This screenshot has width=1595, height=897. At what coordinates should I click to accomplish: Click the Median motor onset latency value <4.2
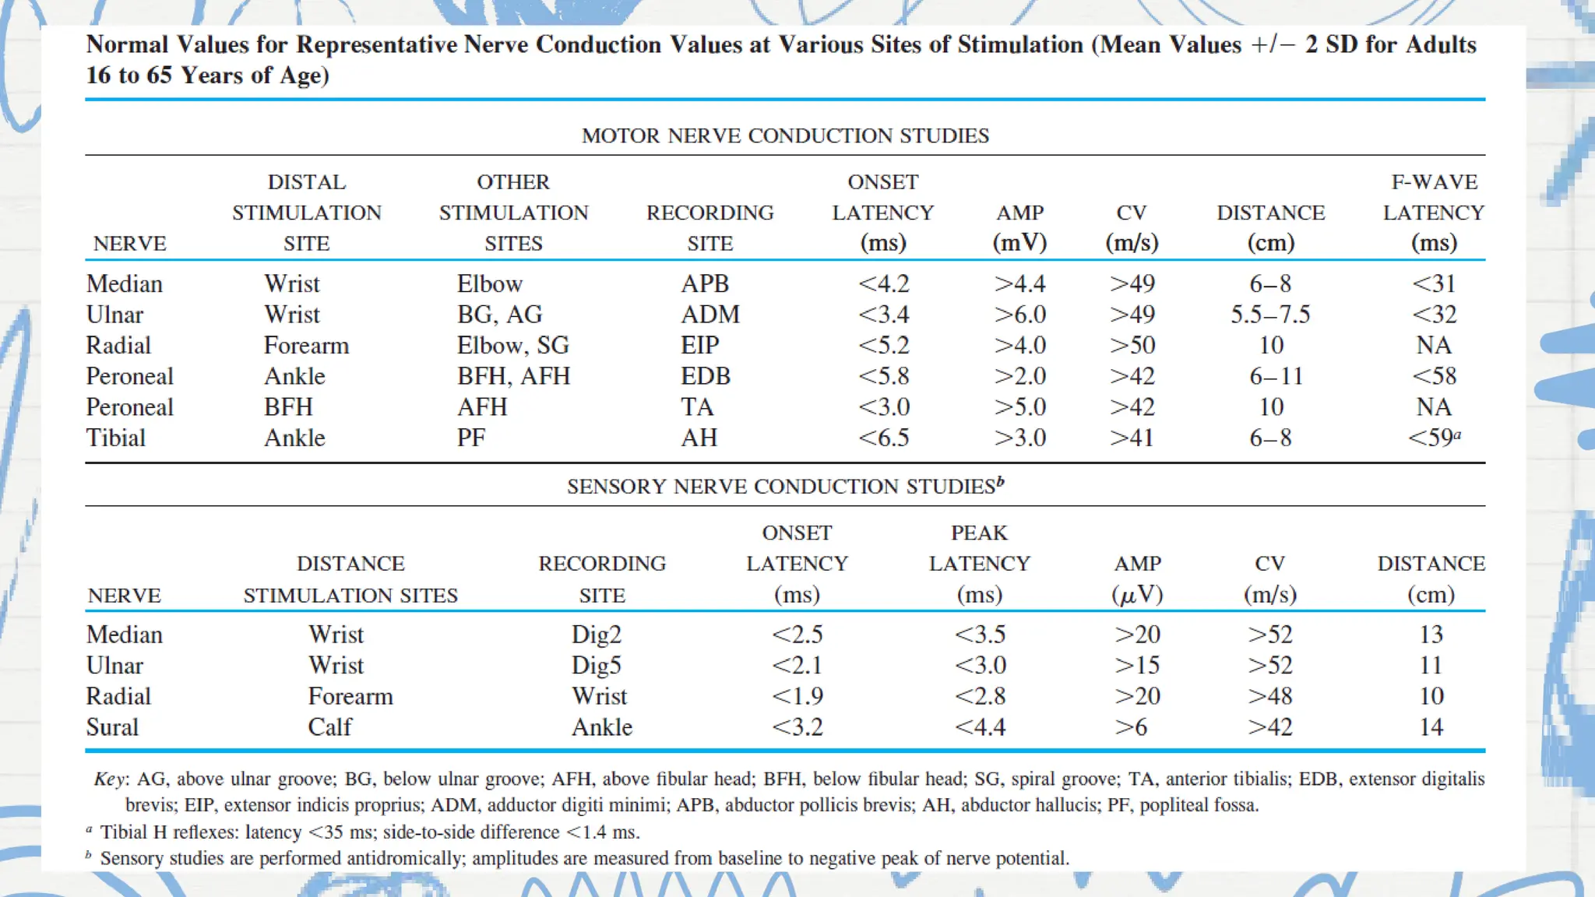(x=883, y=284)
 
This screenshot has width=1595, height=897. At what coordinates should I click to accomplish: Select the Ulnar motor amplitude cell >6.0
(x=1019, y=315)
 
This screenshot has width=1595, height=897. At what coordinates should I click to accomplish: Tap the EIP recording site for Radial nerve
(x=699, y=346)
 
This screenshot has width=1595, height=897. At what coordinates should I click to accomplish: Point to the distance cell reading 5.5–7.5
(x=1270, y=315)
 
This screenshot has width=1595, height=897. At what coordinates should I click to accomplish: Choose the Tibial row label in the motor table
(x=116, y=438)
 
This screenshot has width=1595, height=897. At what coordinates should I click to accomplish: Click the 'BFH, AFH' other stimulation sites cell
(x=513, y=377)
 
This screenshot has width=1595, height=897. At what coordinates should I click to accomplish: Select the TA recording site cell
(x=697, y=407)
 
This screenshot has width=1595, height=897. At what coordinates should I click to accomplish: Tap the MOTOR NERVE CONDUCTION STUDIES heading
(x=785, y=136)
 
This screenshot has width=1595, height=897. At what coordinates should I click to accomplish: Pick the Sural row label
(x=112, y=727)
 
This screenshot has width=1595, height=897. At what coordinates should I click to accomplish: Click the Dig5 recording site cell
(x=597, y=666)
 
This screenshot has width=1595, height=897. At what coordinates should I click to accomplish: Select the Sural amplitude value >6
(x=1131, y=727)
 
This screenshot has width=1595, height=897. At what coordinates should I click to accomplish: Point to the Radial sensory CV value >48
(x=1270, y=696)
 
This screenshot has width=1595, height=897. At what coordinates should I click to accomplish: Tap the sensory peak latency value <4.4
(x=980, y=727)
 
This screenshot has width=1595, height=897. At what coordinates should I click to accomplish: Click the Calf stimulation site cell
(x=329, y=727)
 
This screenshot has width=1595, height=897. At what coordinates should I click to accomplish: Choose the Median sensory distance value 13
(x=1431, y=635)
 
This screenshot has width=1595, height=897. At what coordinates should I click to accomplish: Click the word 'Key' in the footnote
(x=109, y=779)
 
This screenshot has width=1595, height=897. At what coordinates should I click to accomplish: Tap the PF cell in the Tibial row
(x=470, y=438)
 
